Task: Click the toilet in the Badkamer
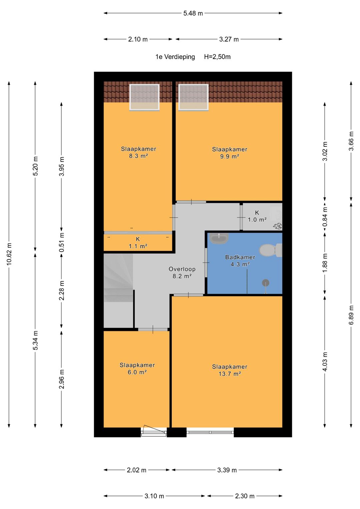click(x=270, y=250)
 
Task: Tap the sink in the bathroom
click(x=219, y=238)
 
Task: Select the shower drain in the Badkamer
click(x=265, y=283)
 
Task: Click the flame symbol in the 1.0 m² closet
click(x=277, y=226)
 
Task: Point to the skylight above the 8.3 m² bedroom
click(x=144, y=97)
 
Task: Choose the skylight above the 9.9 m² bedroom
click(x=193, y=97)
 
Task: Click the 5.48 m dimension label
click(x=193, y=13)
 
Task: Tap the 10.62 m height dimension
click(x=9, y=254)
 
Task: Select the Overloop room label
click(x=182, y=269)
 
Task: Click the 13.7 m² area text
click(x=230, y=374)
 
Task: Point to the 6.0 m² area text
click(x=137, y=372)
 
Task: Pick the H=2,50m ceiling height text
click(x=217, y=57)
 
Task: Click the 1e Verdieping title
click(x=175, y=57)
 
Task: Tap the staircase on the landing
click(x=118, y=291)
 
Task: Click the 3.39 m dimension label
click(x=227, y=470)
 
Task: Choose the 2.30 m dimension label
click(x=245, y=496)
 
